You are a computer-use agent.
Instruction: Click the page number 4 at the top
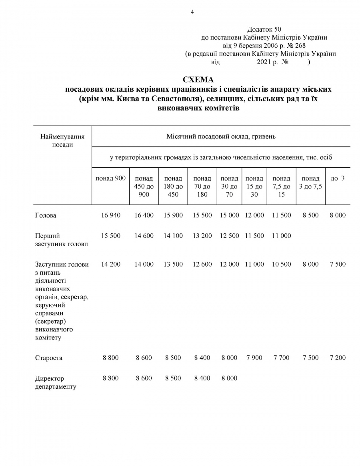[x=192, y=12]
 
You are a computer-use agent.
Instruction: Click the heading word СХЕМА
[x=198, y=80]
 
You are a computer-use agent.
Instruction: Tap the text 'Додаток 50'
[x=264, y=29]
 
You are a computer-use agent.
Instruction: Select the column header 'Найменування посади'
[x=62, y=141]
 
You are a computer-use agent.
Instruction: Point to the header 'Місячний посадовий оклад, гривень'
[x=221, y=137]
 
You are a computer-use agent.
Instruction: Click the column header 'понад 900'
[x=111, y=178]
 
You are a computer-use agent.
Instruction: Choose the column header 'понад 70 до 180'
[x=202, y=186]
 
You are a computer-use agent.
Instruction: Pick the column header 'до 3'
[x=338, y=178]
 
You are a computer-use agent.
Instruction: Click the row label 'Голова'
[x=46, y=215]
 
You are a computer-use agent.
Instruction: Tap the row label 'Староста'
[x=49, y=358]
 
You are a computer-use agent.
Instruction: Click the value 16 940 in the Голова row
[x=111, y=215]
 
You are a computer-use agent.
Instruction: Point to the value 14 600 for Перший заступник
[x=144, y=236]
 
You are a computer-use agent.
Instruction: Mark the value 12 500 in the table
[x=230, y=236]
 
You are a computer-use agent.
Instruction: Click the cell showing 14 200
[x=111, y=264]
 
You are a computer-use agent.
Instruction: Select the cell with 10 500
[x=282, y=264]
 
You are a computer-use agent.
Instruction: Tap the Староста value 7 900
[x=254, y=358]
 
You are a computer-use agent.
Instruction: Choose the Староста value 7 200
[x=338, y=358]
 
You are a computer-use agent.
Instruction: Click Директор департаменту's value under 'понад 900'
[x=111, y=378]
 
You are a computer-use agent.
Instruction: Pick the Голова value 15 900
[x=173, y=215]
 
